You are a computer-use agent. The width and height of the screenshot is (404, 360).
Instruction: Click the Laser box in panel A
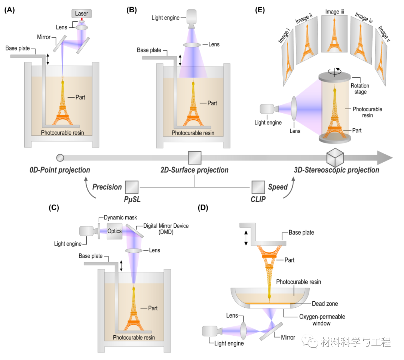(x=82, y=14)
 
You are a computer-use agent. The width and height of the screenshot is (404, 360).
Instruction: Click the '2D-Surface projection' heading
(x=194, y=170)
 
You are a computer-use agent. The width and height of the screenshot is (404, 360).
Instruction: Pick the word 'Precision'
(x=107, y=187)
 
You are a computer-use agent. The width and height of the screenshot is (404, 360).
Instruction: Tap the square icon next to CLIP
(x=258, y=187)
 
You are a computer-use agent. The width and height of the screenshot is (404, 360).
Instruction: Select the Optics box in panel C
(x=114, y=231)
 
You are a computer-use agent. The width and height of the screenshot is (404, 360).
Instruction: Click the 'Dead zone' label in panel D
(x=325, y=304)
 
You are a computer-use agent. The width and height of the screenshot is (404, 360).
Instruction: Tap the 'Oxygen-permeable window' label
(x=321, y=320)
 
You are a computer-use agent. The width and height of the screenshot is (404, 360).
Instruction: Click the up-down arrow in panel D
(x=246, y=238)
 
